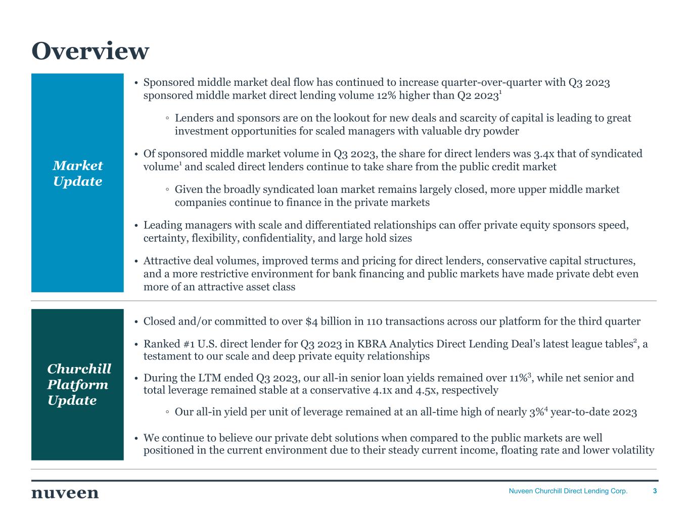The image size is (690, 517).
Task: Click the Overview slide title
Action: point(90,51)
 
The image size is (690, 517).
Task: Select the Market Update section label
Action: point(77,173)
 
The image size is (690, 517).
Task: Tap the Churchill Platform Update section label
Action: point(78,384)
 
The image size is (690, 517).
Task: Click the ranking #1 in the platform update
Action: point(190,344)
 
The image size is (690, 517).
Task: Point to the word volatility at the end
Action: point(633,450)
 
